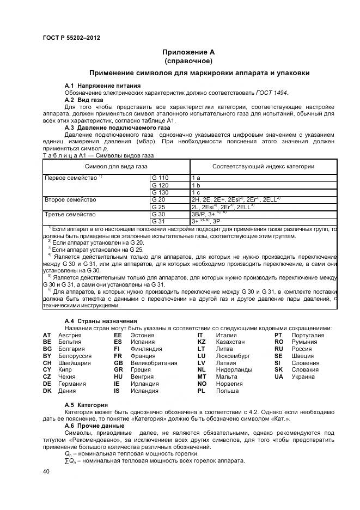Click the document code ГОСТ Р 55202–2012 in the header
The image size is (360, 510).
[x=71, y=38]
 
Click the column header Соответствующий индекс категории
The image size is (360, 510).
[x=263, y=166]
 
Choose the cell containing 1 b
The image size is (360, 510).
[x=196, y=185]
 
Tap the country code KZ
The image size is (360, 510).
[x=202, y=342]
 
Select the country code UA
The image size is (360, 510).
[x=279, y=377]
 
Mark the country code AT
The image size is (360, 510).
[x=47, y=335]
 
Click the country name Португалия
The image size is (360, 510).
[x=308, y=335]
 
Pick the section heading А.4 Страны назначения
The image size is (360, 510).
[x=101, y=321]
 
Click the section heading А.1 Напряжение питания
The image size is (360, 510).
[x=102, y=86]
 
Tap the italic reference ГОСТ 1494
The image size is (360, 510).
[x=272, y=93]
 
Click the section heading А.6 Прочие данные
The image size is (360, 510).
[x=95, y=425]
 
